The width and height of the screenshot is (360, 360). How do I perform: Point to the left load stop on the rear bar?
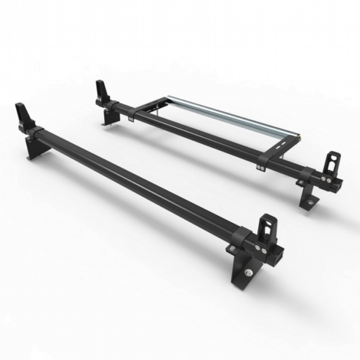[102, 90]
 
